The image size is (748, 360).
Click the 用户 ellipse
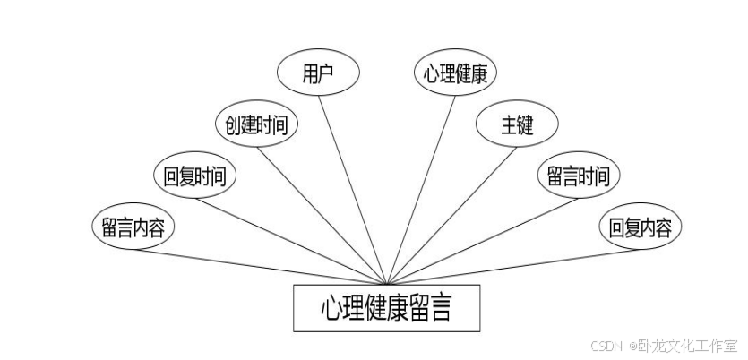[x=317, y=74]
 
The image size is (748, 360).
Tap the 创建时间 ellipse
[x=257, y=124]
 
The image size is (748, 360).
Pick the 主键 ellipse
[x=517, y=125]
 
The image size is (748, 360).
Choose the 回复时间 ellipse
[x=194, y=176]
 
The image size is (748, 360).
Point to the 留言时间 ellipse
[x=579, y=176]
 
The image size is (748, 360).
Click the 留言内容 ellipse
[x=133, y=226]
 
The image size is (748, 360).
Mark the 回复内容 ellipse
[x=640, y=226]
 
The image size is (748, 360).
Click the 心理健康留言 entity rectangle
[x=387, y=308]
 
